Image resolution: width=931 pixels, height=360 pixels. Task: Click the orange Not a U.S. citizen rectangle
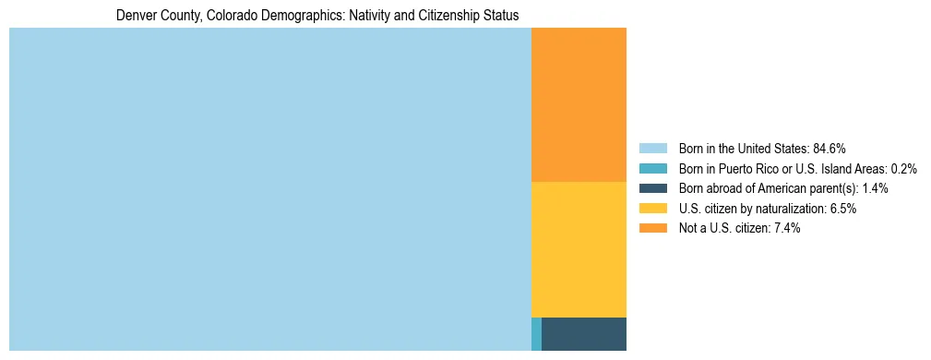tap(579, 105)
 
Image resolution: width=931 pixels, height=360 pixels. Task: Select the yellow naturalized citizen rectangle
tap(579, 249)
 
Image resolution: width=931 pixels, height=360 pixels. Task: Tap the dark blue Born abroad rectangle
tap(583, 333)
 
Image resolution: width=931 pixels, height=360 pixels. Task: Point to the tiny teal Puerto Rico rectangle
tap(536, 333)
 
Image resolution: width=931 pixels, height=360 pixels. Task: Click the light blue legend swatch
tap(652, 148)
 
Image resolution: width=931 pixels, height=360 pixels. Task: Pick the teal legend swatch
tap(652, 168)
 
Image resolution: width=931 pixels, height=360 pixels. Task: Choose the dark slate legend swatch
tap(652, 188)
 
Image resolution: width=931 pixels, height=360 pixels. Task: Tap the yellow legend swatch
tap(652, 209)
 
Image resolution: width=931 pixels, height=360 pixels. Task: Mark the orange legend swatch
tap(652, 228)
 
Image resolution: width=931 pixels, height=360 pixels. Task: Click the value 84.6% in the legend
tap(830, 148)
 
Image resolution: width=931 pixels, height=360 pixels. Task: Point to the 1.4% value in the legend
tap(875, 188)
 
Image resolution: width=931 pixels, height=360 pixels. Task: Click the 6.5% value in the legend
tap(842, 209)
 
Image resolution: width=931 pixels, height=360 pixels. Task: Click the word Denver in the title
tap(134, 16)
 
